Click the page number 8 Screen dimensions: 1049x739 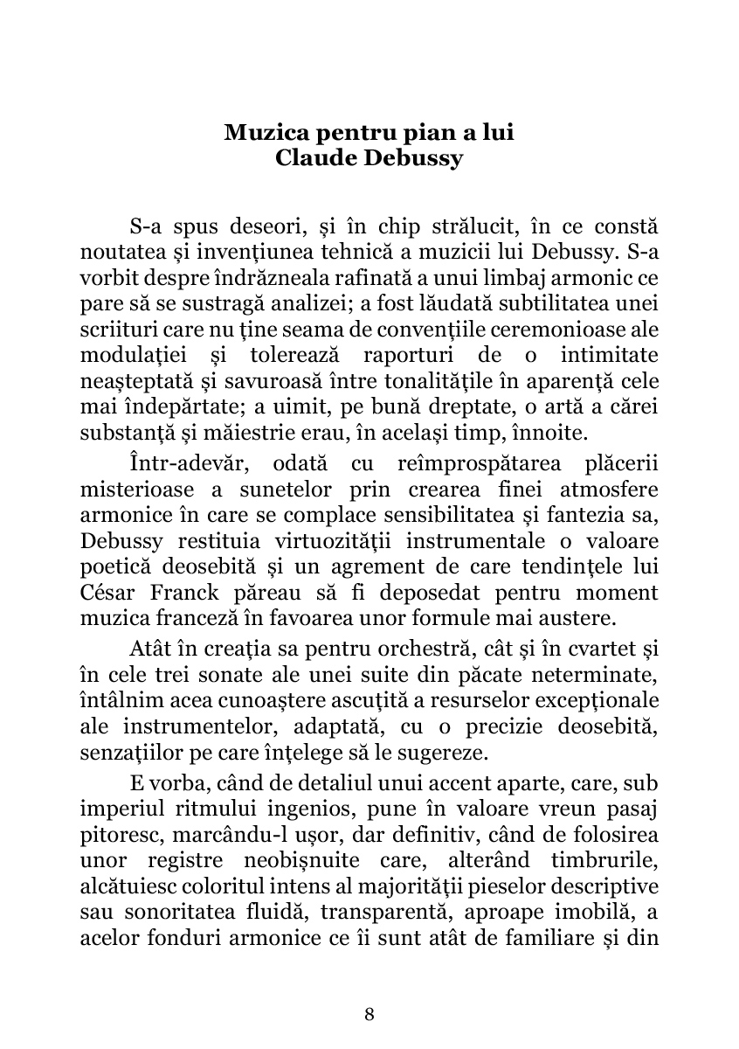tap(369, 1014)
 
